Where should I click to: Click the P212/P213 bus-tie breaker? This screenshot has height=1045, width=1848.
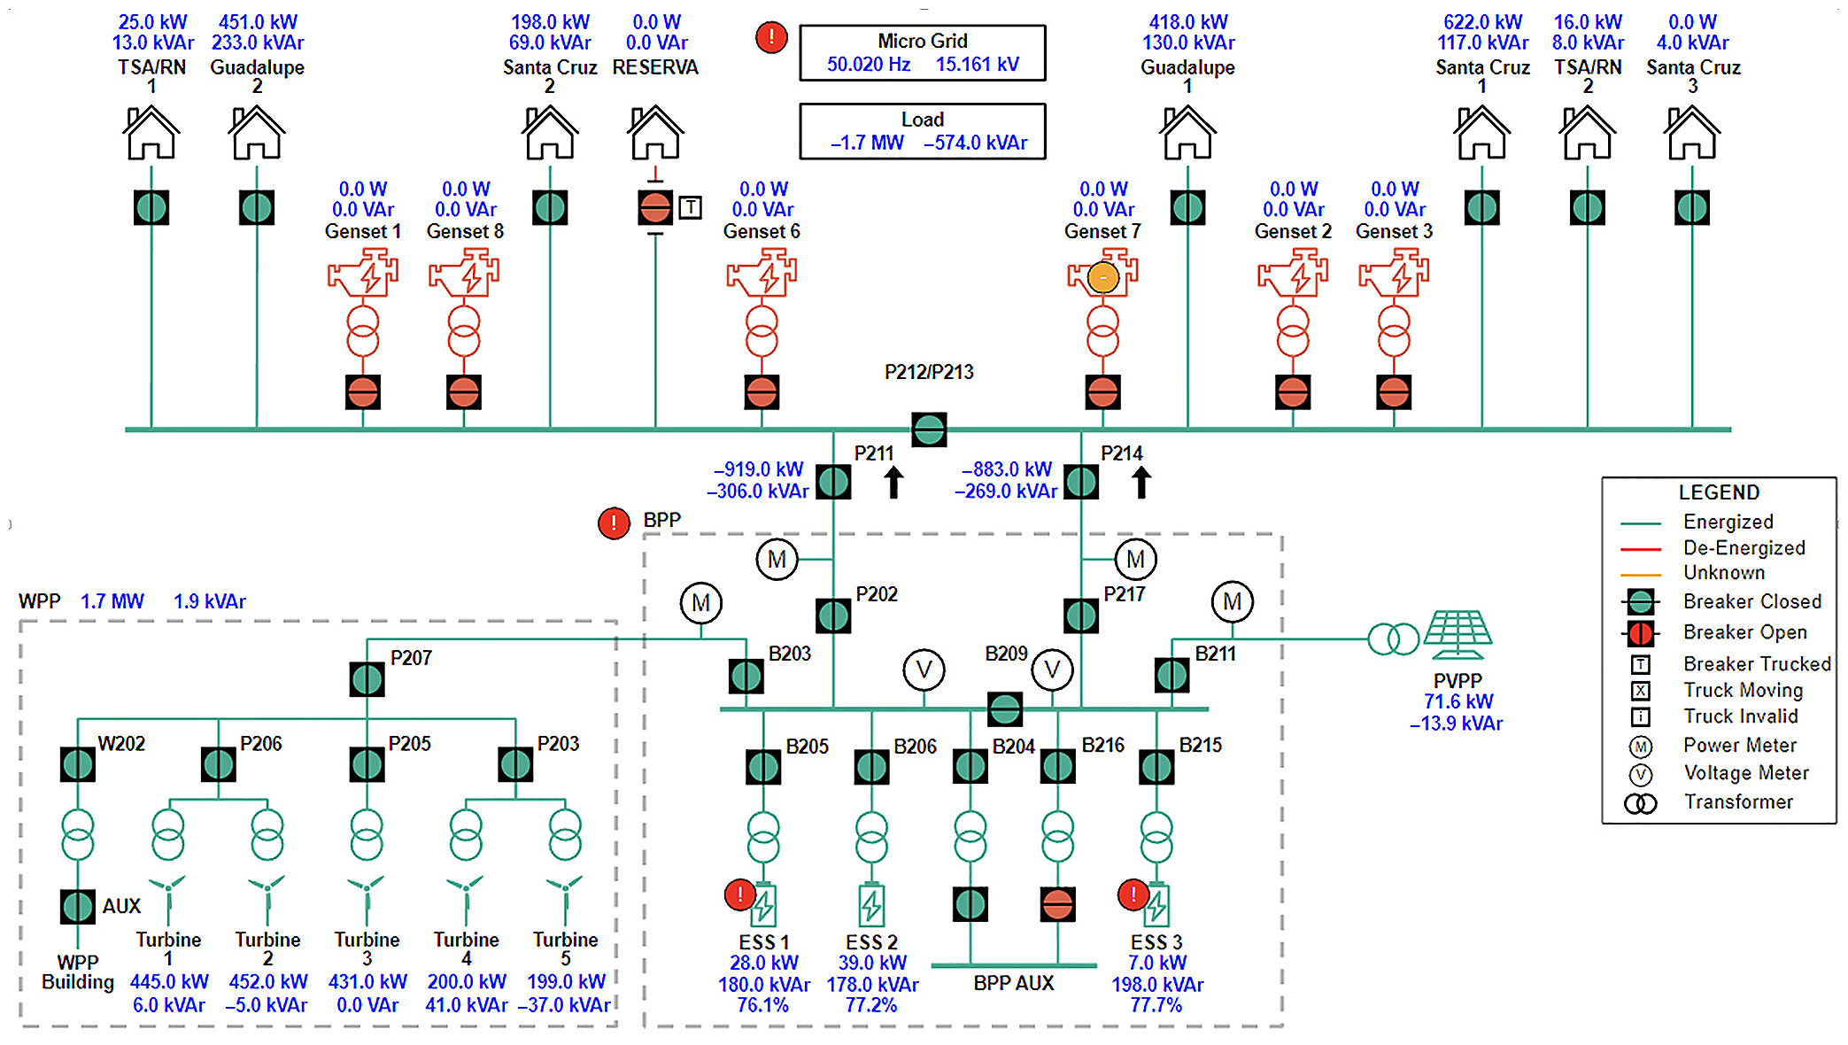click(929, 430)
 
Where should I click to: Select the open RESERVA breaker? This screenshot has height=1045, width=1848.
click(655, 208)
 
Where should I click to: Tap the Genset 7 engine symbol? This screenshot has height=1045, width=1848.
click(1102, 275)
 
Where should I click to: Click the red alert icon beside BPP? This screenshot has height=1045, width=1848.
click(614, 522)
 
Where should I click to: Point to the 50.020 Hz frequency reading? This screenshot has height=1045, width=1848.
click(869, 65)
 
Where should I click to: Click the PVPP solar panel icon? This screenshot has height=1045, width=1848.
click(1458, 634)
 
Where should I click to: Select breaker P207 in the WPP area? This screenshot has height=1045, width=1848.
click(367, 679)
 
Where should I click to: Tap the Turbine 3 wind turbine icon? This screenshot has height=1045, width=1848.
click(367, 899)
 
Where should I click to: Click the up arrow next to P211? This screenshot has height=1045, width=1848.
click(893, 483)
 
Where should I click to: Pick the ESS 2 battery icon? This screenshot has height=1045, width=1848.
click(871, 905)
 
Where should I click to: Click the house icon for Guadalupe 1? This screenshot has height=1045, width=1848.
click(1187, 133)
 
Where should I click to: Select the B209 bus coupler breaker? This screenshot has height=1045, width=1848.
click(1005, 708)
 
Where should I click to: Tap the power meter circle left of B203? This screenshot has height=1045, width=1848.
click(700, 603)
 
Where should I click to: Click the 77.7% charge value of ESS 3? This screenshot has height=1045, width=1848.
click(1156, 1005)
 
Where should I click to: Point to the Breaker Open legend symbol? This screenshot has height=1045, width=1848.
click(1640, 633)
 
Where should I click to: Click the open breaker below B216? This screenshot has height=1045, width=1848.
click(1058, 904)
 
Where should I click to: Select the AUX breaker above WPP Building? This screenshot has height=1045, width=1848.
click(78, 906)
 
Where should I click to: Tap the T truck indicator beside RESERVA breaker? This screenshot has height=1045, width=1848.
click(691, 208)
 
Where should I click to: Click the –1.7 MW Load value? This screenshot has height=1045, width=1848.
click(867, 143)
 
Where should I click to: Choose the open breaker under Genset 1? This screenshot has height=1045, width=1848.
click(363, 391)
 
